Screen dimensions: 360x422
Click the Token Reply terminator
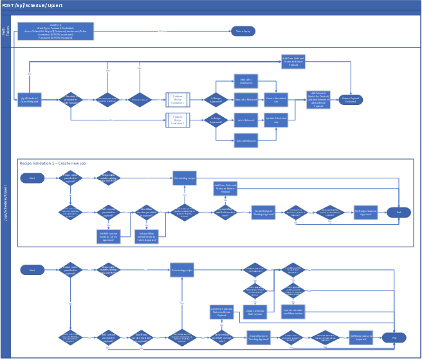point(243,31)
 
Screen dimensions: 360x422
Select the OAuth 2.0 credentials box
point(55,32)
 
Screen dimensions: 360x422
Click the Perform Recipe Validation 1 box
point(178,99)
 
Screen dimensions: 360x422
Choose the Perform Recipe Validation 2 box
point(178,120)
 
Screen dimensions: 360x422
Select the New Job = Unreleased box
point(246,81)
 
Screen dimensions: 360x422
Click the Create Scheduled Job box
point(277,99)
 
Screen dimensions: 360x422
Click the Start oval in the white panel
point(32,177)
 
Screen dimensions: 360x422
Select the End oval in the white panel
point(398,212)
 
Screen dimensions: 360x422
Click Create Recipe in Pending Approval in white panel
point(262,212)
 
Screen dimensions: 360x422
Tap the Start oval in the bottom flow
point(32,270)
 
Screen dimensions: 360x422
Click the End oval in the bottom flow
point(394,337)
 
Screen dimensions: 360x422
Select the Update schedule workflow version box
point(293,312)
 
